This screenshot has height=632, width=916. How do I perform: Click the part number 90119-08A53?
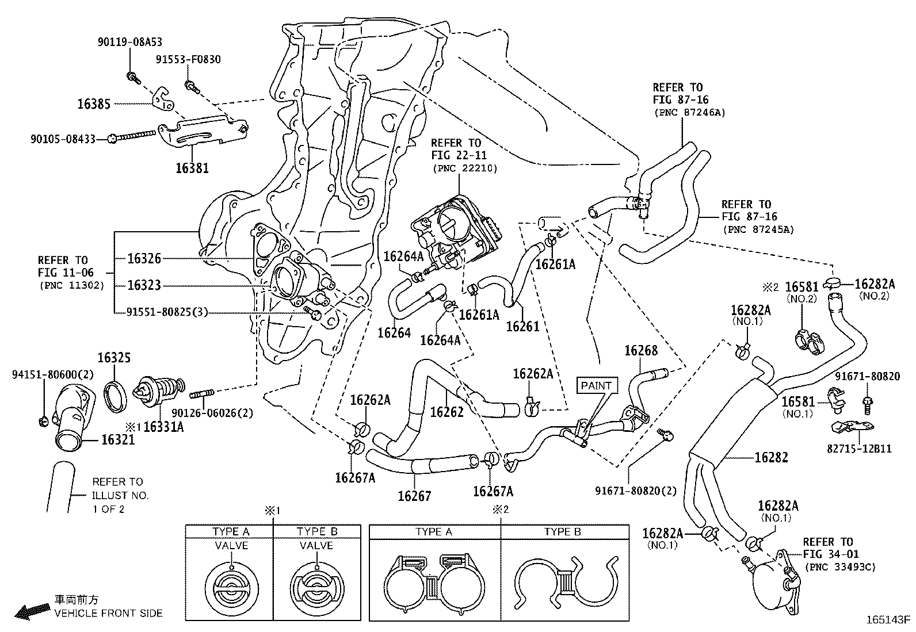tap(129, 42)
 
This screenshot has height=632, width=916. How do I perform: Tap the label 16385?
tap(94, 104)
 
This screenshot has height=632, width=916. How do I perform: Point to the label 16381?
tap(192, 168)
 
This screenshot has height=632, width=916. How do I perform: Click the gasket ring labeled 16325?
tap(117, 395)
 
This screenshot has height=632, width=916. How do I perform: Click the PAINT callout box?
tap(596, 385)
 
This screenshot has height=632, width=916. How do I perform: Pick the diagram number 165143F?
tap(889, 620)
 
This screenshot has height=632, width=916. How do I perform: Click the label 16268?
tap(640, 350)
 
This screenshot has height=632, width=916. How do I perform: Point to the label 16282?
tap(771, 457)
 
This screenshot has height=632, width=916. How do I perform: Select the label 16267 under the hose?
tap(414, 496)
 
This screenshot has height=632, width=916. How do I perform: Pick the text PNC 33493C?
tap(841, 567)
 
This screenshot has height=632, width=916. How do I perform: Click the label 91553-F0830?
tap(188, 59)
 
